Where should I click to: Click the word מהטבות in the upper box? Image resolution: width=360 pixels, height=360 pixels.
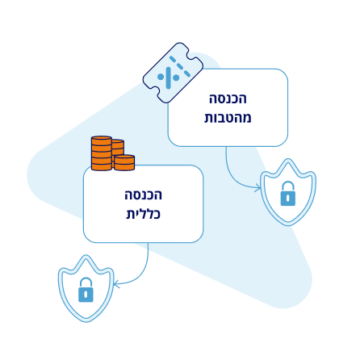[x=228, y=118]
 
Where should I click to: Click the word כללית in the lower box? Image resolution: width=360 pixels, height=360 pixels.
[x=144, y=214]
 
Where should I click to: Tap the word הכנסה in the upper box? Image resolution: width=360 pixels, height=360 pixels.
[x=228, y=98]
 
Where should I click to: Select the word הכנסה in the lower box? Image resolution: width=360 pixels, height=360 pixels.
[x=143, y=195]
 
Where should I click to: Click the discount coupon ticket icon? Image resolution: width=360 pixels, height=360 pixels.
[x=173, y=73]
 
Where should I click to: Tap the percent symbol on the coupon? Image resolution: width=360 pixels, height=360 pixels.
[x=168, y=77]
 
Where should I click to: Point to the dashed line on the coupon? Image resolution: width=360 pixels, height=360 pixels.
[x=180, y=66]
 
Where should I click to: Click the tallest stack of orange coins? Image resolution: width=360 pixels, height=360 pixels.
[x=102, y=153]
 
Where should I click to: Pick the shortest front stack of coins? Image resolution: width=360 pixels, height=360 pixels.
[x=124, y=162]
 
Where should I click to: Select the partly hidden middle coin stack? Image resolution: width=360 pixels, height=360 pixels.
[x=118, y=147]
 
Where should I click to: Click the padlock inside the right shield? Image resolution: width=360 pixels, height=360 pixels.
[x=287, y=194]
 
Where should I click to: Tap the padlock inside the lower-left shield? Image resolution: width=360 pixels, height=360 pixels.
[x=86, y=290]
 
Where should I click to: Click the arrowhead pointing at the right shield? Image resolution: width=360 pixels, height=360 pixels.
[x=258, y=187]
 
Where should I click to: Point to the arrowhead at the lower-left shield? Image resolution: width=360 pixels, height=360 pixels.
[x=116, y=284]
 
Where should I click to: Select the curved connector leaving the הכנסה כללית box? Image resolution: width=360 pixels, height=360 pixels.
[x=141, y=272]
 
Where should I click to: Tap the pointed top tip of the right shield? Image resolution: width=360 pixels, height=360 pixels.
[x=288, y=159]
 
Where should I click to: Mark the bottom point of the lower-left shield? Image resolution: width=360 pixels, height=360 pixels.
[x=86, y=322]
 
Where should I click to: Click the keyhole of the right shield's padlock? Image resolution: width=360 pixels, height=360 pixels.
[x=288, y=199]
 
